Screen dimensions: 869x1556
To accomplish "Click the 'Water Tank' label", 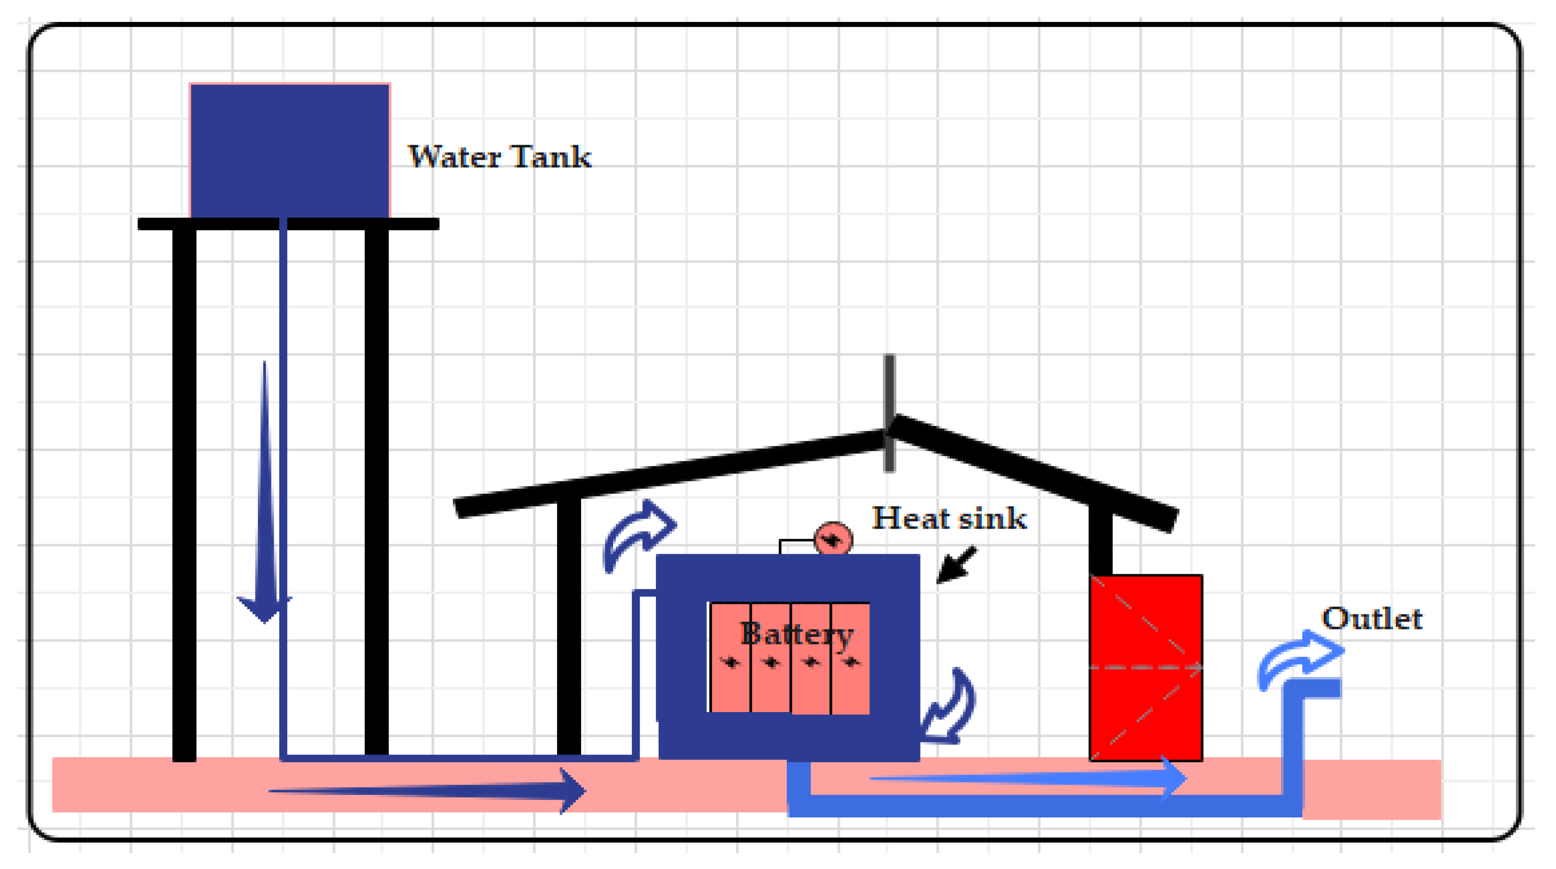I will click(500, 157).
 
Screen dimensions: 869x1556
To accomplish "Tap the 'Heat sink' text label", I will click(949, 518).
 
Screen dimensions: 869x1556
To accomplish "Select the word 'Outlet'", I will click(1372, 619).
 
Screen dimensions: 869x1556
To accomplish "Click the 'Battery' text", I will click(796, 634).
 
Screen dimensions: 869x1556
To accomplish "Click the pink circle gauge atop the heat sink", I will click(833, 539).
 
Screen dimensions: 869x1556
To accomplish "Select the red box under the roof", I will click(1145, 667).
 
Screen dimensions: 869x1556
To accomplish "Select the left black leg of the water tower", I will click(184, 492).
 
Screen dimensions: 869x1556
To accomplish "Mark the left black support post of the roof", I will click(568, 625).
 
